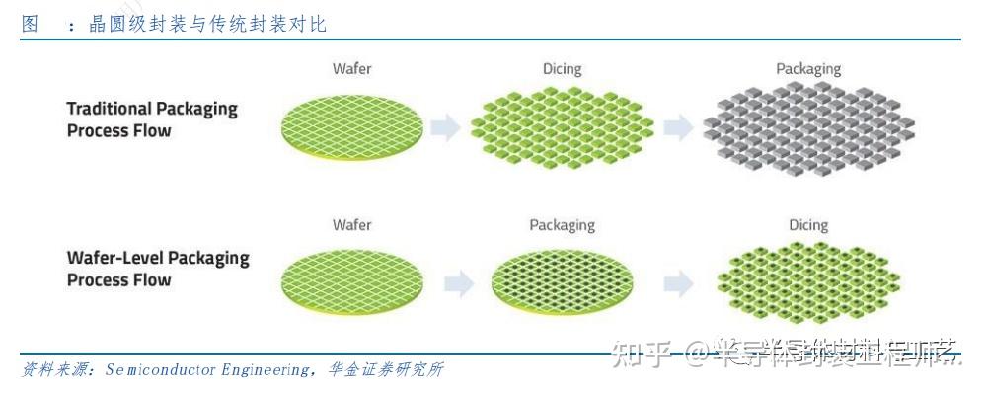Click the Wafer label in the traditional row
(351, 69)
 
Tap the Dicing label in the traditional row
(562, 69)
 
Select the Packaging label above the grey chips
(807, 69)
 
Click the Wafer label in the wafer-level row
(351, 224)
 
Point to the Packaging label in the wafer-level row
(562, 224)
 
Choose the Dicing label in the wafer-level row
(807, 224)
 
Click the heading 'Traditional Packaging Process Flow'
(152, 118)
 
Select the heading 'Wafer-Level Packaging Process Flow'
(158, 269)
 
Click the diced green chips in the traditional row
(562, 126)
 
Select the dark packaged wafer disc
(562, 282)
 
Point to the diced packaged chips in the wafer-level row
(807, 282)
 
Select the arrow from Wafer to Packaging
(458, 284)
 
